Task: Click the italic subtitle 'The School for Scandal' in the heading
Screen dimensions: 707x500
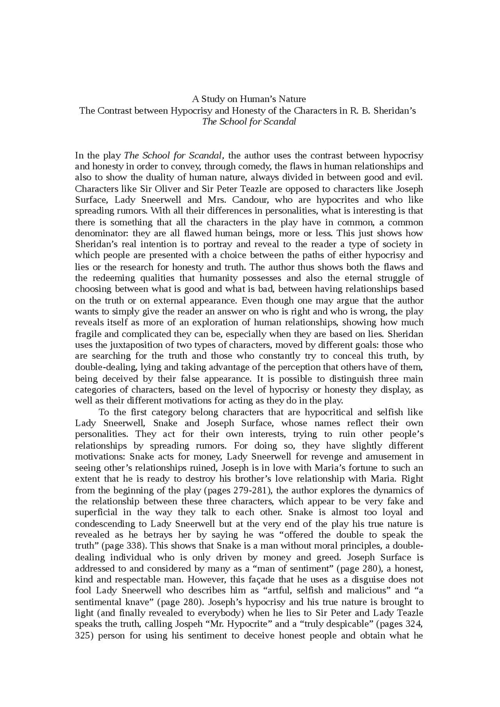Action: point(249,121)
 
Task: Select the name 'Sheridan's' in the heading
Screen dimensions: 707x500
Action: point(395,110)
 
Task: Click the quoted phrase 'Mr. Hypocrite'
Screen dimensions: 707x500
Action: point(239,624)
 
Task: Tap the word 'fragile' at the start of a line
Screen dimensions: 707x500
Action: point(87,334)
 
